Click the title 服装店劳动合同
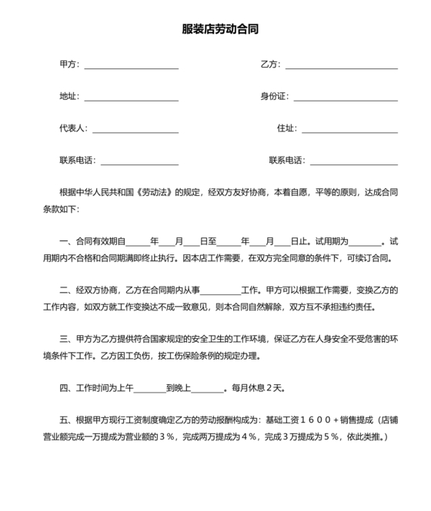pyautogui.click(x=215, y=30)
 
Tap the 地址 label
pyautogui.click(x=68, y=97)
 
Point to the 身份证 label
pyautogui.click(x=273, y=97)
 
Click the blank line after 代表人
pyautogui.click(x=135, y=129)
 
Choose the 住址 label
pyautogui.click(x=286, y=129)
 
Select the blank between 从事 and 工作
pyautogui.click(x=220, y=290)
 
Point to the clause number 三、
pyautogui.click(x=65, y=339)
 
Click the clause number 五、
pyautogui.click(x=65, y=420)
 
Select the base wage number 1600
pyautogui.click(x=315, y=420)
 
